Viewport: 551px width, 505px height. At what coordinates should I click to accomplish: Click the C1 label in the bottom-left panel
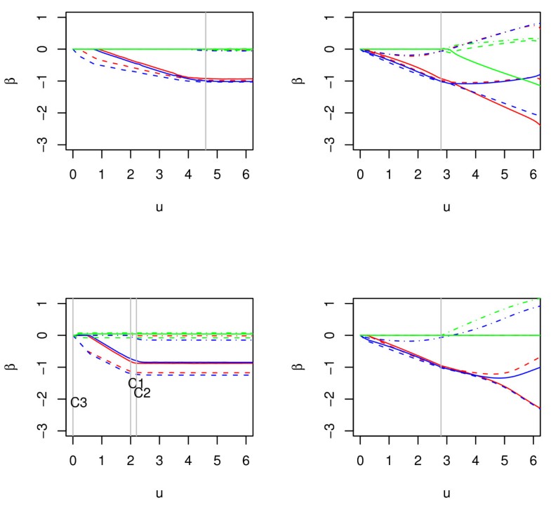point(136,383)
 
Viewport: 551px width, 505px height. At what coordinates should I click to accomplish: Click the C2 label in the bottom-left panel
point(142,393)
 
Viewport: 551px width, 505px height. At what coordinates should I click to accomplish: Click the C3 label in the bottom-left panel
point(79,403)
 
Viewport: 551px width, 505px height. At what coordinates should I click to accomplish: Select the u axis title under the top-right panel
point(446,206)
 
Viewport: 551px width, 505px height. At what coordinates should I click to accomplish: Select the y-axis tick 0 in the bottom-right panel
point(336,335)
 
